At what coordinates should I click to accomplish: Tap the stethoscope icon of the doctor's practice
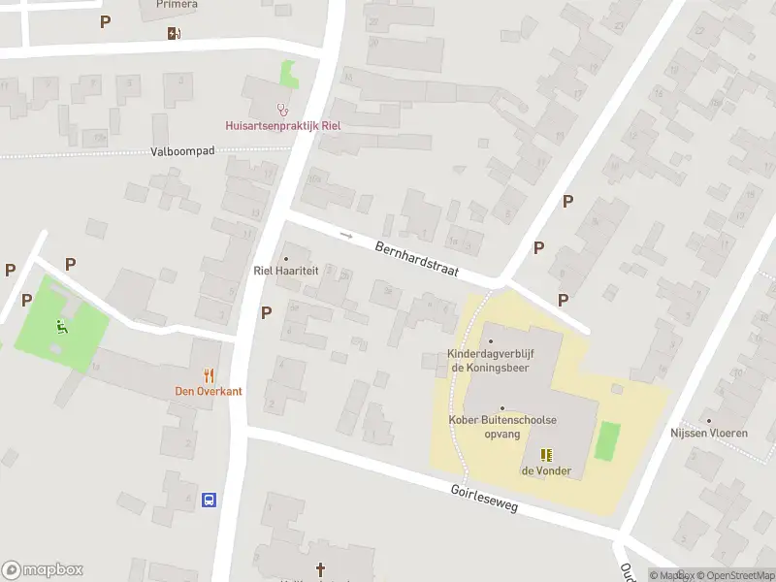[x=283, y=110]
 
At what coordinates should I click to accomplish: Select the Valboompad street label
[x=182, y=151]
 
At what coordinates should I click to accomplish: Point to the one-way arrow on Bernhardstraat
[x=346, y=235]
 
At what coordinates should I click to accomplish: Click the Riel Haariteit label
[x=286, y=272]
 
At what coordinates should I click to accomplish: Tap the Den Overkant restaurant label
[x=209, y=391]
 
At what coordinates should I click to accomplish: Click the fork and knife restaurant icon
[x=209, y=374]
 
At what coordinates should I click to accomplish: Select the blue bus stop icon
[x=209, y=501]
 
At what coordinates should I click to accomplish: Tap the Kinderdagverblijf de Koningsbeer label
[x=490, y=360]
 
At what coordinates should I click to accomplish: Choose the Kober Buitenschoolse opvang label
[x=502, y=426]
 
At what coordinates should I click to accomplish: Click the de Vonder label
[x=546, y=471]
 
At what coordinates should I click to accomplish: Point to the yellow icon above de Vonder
[x=546, y=454]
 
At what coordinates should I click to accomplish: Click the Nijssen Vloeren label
[x=709, y=433]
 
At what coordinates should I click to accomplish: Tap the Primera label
[x=177, y=5]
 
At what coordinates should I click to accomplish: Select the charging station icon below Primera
[x=174, y=33]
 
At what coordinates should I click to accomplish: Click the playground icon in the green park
[x=62, y=326]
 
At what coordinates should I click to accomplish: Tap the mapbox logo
[x=43, y=569]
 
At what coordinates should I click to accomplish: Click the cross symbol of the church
[x=320, y=568]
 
